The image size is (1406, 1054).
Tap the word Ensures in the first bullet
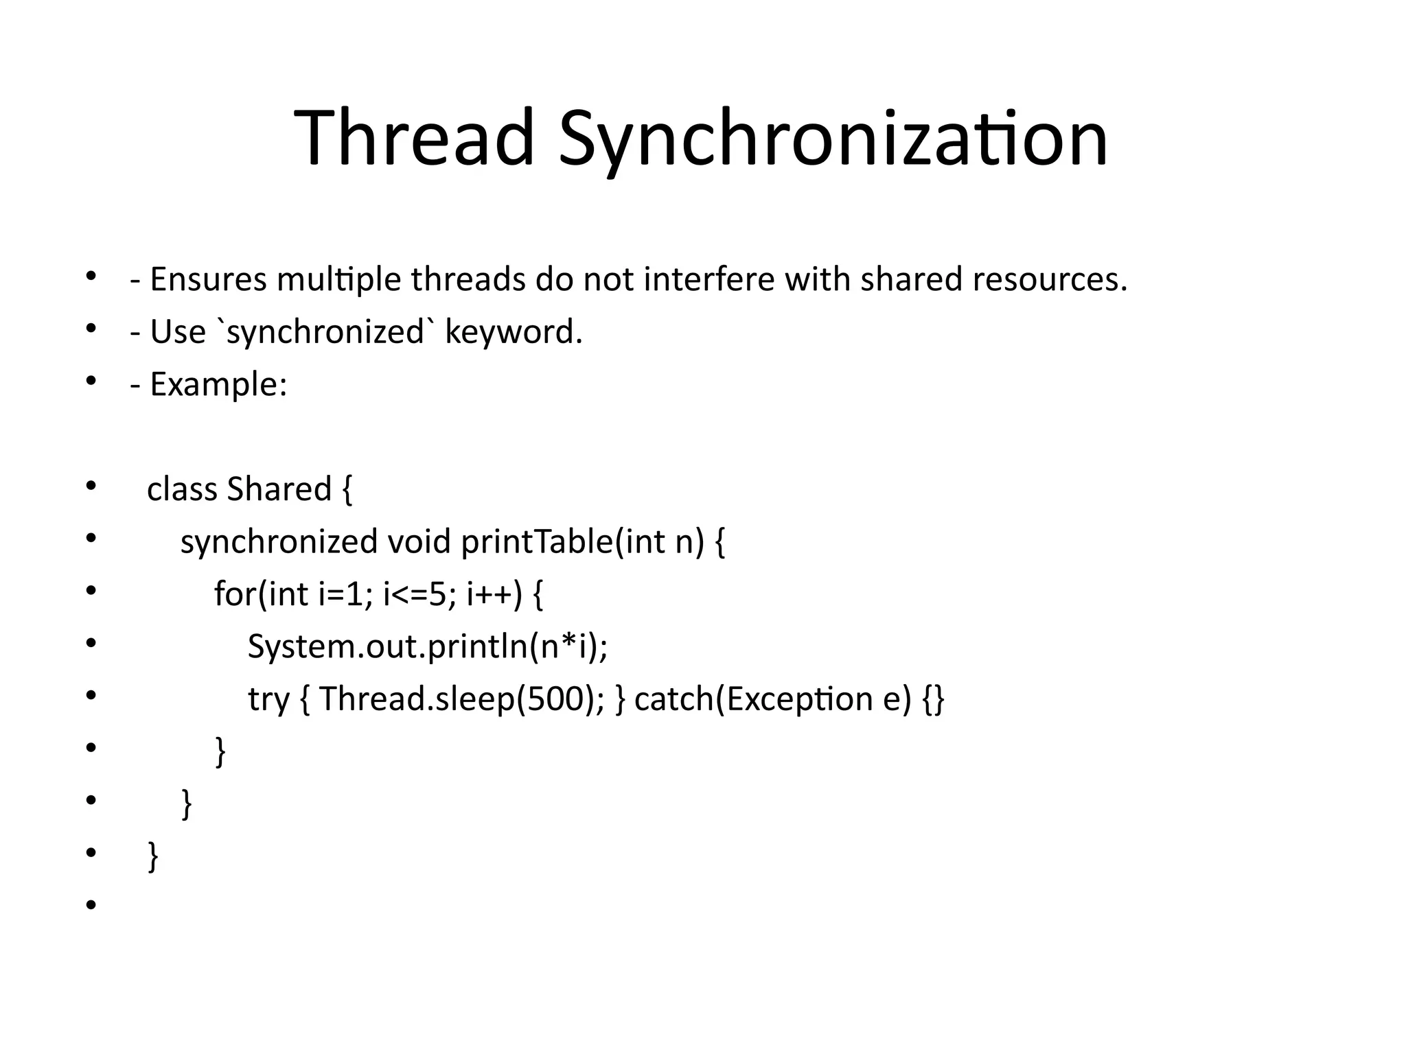(x=208, y=279)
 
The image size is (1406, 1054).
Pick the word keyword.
(x=514, y=332)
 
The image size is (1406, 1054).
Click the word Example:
(x=218, y=384)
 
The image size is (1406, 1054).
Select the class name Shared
(x=279, y=489)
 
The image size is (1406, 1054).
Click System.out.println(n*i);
(x=427, y=646)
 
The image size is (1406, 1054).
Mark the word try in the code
(x=268, y=699)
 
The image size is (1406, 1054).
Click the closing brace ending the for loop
(x=220, y=751)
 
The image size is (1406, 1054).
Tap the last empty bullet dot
(x=91, y=906)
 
